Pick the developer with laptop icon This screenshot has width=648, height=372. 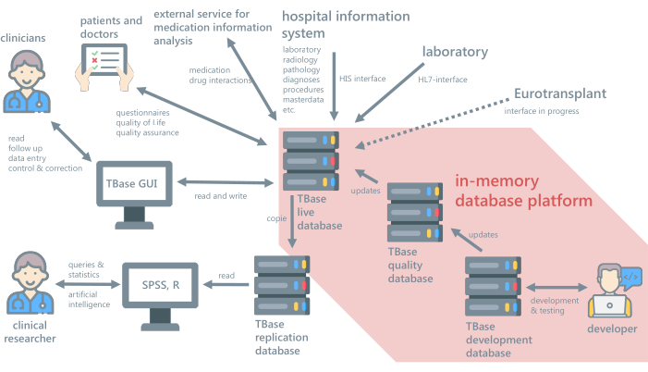tap(612, 290)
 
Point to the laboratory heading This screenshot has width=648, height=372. tap(455, 52)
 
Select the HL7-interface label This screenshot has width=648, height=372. tap(443, 80)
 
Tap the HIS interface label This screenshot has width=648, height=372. tap(362, 80)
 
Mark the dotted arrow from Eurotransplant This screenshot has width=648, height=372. tap(435, 119)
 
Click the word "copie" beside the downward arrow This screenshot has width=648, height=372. tap(276, 217)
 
